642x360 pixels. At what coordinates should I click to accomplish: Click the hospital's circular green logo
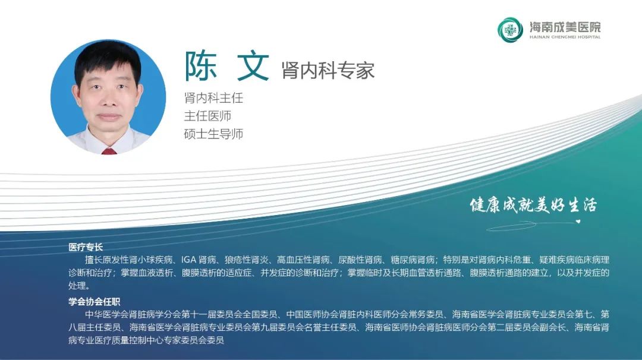click(510, 30)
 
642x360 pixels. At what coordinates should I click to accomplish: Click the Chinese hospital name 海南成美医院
click(565, 27)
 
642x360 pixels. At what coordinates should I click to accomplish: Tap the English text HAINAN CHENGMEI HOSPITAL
click(565, 37)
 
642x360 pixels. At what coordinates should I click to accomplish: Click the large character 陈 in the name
click(201, 67)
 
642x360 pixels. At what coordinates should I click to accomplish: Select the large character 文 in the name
click(253, 67)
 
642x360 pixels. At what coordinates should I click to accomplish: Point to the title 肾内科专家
click(328, 70)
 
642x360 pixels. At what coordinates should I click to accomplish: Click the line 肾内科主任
click(213, 98)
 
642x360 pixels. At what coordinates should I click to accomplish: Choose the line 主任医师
click(207, 116)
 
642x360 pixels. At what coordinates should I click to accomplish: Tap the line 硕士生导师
click(213, 134)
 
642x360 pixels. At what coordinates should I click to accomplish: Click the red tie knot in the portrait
click(109, 151)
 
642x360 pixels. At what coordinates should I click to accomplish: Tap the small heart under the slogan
click(578, 222)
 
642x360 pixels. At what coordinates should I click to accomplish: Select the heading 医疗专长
click(86, 247)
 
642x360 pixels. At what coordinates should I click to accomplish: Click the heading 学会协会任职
click(94, 302)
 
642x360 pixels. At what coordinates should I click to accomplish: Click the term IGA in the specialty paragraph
click(189, 260)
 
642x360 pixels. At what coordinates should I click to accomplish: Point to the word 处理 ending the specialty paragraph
click(77, 286)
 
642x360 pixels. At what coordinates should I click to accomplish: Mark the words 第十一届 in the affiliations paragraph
click(199, 315)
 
